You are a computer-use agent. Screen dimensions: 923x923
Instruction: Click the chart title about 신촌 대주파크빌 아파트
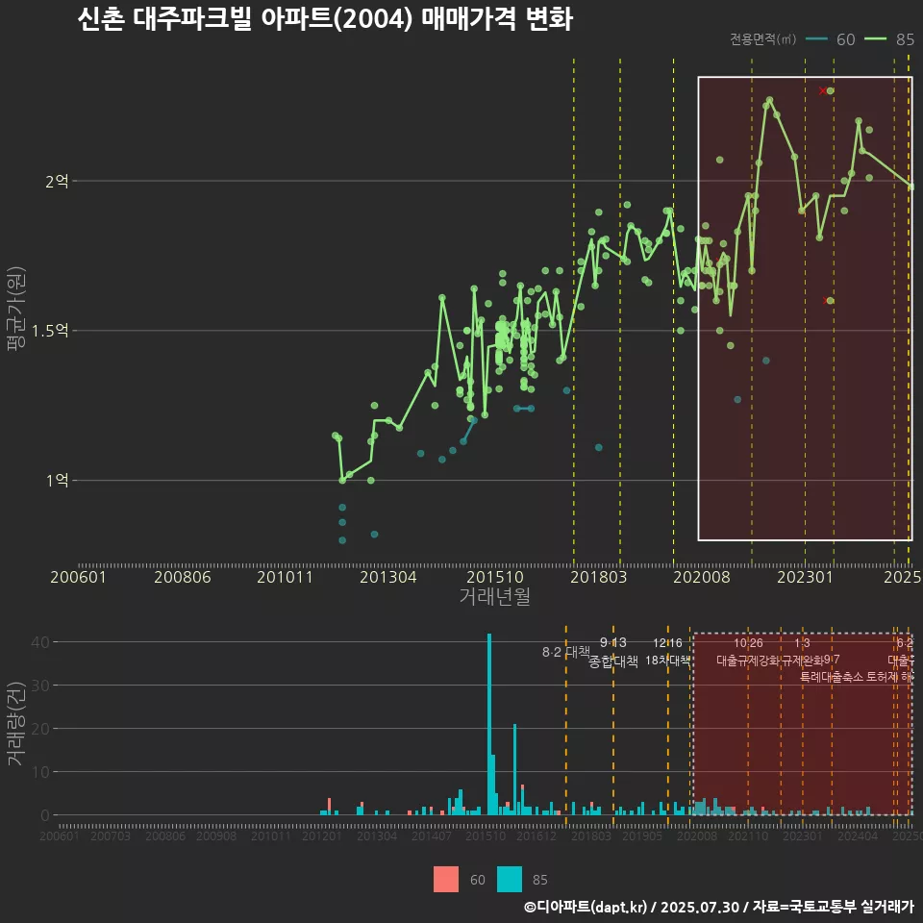tap(324, 20)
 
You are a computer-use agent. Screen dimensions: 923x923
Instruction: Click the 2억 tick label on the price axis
tap(57, 181)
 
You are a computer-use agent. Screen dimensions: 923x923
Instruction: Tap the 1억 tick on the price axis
tap(57, 481)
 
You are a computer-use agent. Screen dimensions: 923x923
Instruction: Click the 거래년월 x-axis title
tap(494, 596)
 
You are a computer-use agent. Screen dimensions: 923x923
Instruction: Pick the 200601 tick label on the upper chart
tap(79, 577)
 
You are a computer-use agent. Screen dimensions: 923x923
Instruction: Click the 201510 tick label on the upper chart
tap(494, 577)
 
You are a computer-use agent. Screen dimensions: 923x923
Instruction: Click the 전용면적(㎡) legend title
tap(762, 39)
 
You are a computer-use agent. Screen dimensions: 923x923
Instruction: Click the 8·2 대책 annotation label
tap(566, 652)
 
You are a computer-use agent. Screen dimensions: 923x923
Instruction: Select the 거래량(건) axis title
tap(16, 724)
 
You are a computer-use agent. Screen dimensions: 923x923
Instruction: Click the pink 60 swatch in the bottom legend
tap(446, 879)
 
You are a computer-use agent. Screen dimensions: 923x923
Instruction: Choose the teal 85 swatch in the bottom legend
tap(510, 879)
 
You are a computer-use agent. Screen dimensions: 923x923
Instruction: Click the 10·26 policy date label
tap(748, 643)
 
